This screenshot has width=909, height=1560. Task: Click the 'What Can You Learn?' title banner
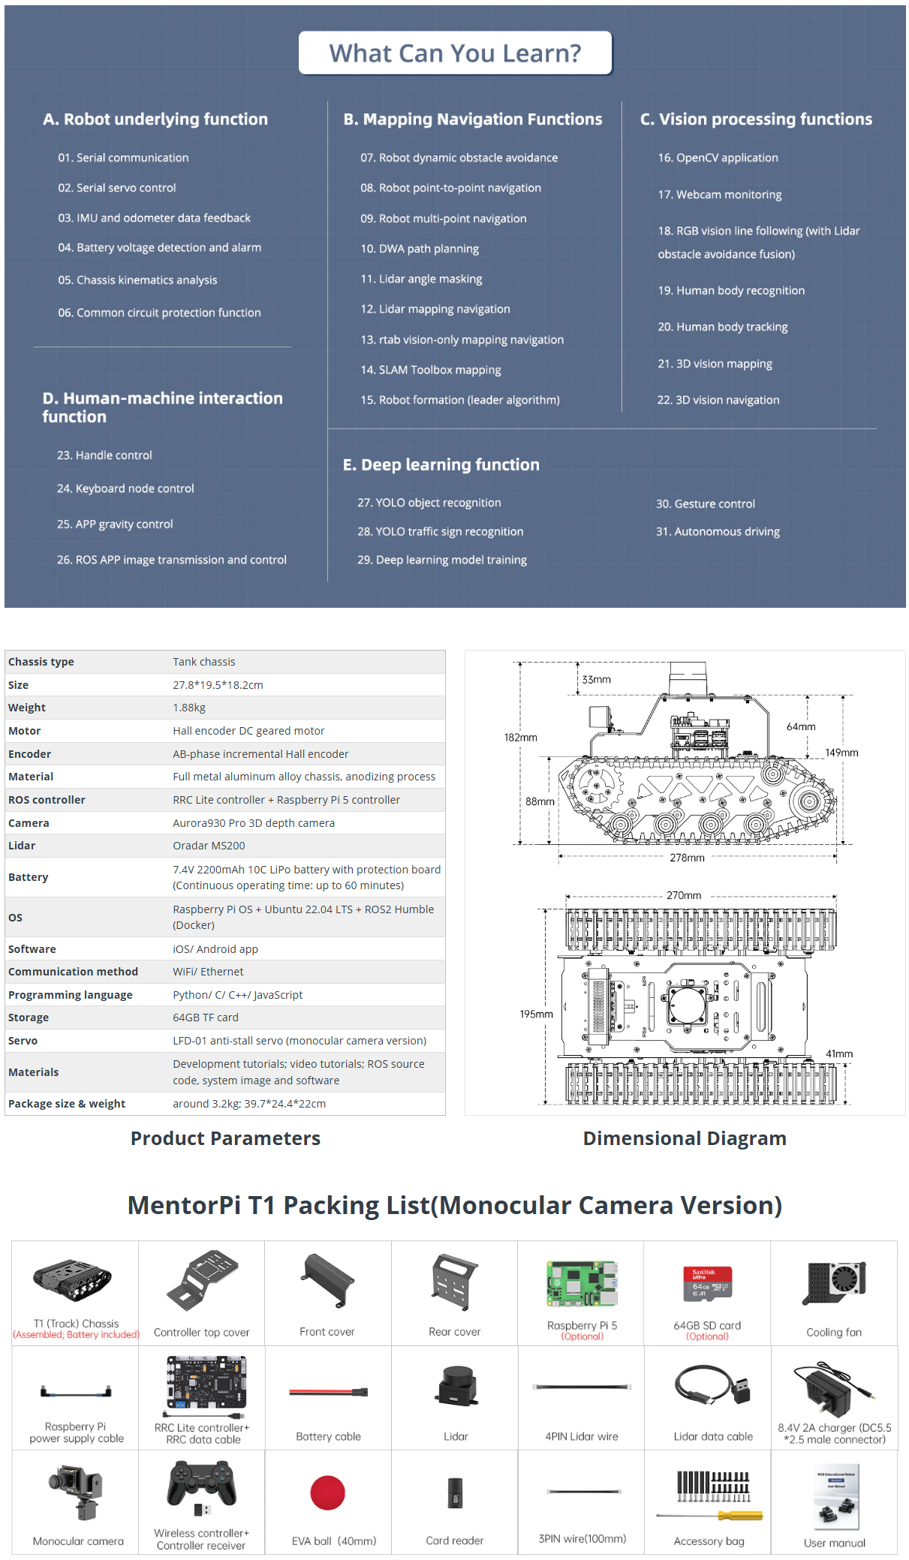[x=455, y=53]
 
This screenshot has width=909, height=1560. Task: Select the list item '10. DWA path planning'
[x=419, y=249]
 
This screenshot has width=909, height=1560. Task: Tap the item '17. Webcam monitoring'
[x=719, y=195]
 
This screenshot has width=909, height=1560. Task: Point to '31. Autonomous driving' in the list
[x=718, y=532]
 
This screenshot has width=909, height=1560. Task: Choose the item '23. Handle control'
[x=104, y=455]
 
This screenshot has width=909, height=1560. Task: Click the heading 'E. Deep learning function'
[x=441, y=465]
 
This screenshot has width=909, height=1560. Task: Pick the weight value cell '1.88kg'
[x=189, y=708]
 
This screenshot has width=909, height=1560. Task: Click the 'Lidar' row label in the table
[x=22, y=846]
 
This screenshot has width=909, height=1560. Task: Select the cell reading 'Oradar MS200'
[x=209, y=846]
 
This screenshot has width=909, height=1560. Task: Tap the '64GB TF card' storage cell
[x=206, y=1017]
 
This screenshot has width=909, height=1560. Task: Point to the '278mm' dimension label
[x=687, y=858]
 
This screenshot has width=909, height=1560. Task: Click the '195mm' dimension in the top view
[x=536, y=1014]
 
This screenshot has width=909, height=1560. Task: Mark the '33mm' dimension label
[x=596, y=680]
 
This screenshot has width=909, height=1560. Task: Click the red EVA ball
[x=327, y=1492]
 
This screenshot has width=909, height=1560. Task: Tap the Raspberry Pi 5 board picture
[x=582, y=1284]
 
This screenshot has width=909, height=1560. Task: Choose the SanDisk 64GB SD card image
[x=707, y=1283]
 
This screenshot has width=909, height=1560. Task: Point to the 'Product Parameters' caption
[x=225, y=1138]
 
